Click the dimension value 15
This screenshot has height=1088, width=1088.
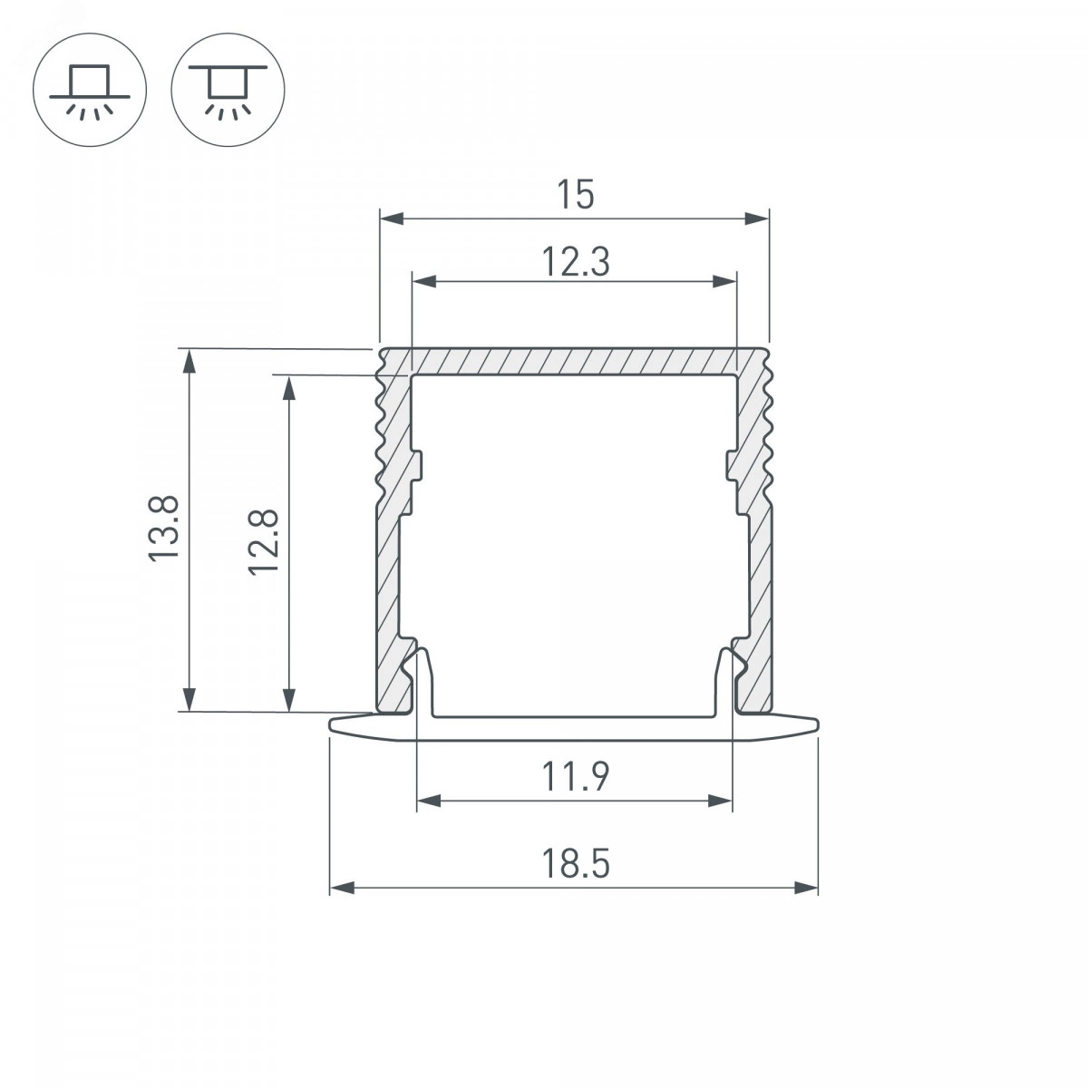tap(576, 194)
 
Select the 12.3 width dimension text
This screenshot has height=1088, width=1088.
tap(576, 261)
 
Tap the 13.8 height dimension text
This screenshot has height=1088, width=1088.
tap(164, 529)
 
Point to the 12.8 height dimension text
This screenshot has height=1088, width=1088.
tap(264, 542)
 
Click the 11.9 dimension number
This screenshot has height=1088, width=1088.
tap(576, 776)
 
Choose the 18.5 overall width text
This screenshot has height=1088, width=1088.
tap(576, 864)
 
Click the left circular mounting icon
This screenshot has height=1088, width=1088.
tap(90, 90)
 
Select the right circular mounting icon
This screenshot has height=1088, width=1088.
tap(228, 90)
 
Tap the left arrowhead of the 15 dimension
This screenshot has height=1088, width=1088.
tap(392, 219)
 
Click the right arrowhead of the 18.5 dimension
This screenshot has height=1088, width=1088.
tap(806, 887)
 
